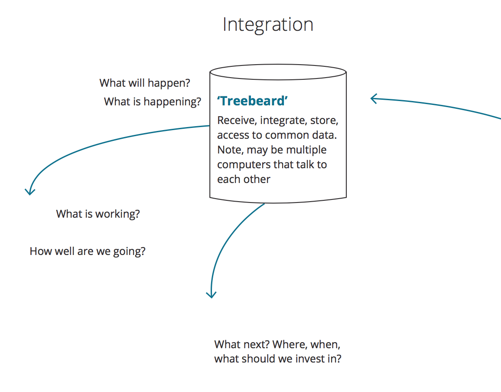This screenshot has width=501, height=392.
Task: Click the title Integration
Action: tap(268, 25)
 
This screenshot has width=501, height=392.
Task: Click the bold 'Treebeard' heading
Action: tap(253, 101)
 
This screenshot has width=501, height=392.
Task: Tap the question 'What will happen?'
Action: tap(145, 83)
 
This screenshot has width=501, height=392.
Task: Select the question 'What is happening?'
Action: tap(153, 102)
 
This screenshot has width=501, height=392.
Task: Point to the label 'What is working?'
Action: tap(98, 214)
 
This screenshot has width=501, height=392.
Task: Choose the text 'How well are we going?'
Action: tap(88, 251)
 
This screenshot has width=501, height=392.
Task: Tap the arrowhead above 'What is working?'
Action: tap(29, 191)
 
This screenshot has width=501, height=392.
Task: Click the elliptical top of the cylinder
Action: tap(278, 72)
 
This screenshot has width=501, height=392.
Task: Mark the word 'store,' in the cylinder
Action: tap(324, 120)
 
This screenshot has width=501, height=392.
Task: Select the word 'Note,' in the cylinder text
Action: tap(231, 150)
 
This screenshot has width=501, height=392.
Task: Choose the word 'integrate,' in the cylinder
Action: tap(283, 120)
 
